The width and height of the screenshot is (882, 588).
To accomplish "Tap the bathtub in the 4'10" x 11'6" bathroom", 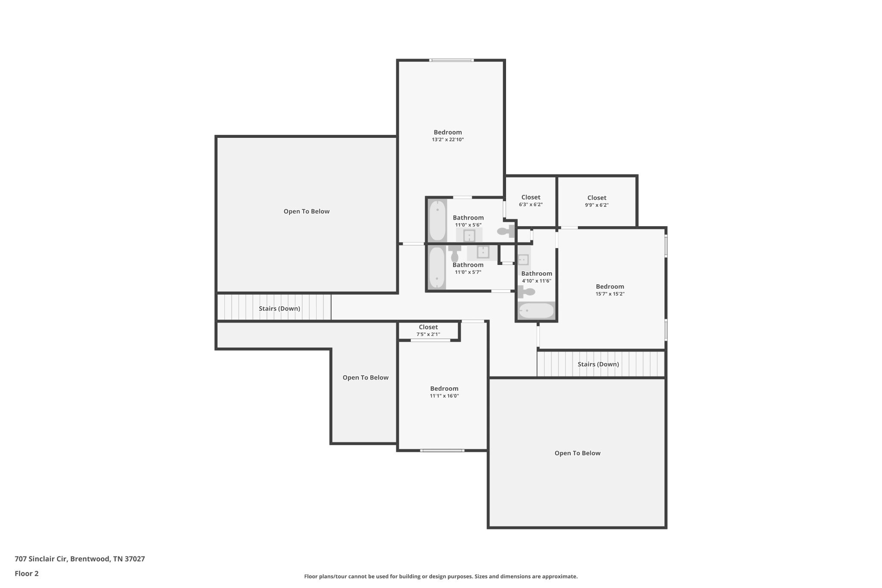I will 536,311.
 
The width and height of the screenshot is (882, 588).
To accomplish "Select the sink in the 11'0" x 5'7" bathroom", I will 483,252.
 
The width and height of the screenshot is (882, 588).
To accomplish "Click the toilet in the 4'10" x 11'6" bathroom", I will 526,292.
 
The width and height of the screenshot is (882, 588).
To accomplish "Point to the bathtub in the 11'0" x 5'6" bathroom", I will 437,220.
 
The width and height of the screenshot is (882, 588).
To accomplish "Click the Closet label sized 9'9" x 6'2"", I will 596,198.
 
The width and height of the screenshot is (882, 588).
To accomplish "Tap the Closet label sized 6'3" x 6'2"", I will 531,197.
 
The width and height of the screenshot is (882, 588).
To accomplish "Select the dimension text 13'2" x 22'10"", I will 448,140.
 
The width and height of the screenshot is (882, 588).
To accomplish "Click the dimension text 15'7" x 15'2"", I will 610,294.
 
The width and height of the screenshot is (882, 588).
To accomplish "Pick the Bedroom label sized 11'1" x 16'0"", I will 444,389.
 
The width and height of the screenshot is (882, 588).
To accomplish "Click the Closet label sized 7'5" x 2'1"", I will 428,327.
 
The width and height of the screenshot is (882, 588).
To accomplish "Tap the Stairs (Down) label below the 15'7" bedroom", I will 598,364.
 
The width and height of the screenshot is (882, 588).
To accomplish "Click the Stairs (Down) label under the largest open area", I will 279,308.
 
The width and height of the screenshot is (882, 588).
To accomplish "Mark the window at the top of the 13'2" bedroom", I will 451,60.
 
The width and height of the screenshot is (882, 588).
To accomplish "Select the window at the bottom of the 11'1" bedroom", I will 442,451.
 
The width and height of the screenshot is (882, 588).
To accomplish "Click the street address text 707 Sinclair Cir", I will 41,559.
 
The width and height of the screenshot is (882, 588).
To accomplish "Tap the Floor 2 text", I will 27,573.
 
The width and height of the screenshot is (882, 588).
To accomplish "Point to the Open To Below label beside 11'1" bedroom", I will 365,377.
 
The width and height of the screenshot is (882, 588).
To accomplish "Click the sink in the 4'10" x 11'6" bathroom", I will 523,260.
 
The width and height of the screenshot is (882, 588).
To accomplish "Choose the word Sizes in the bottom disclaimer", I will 483,576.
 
